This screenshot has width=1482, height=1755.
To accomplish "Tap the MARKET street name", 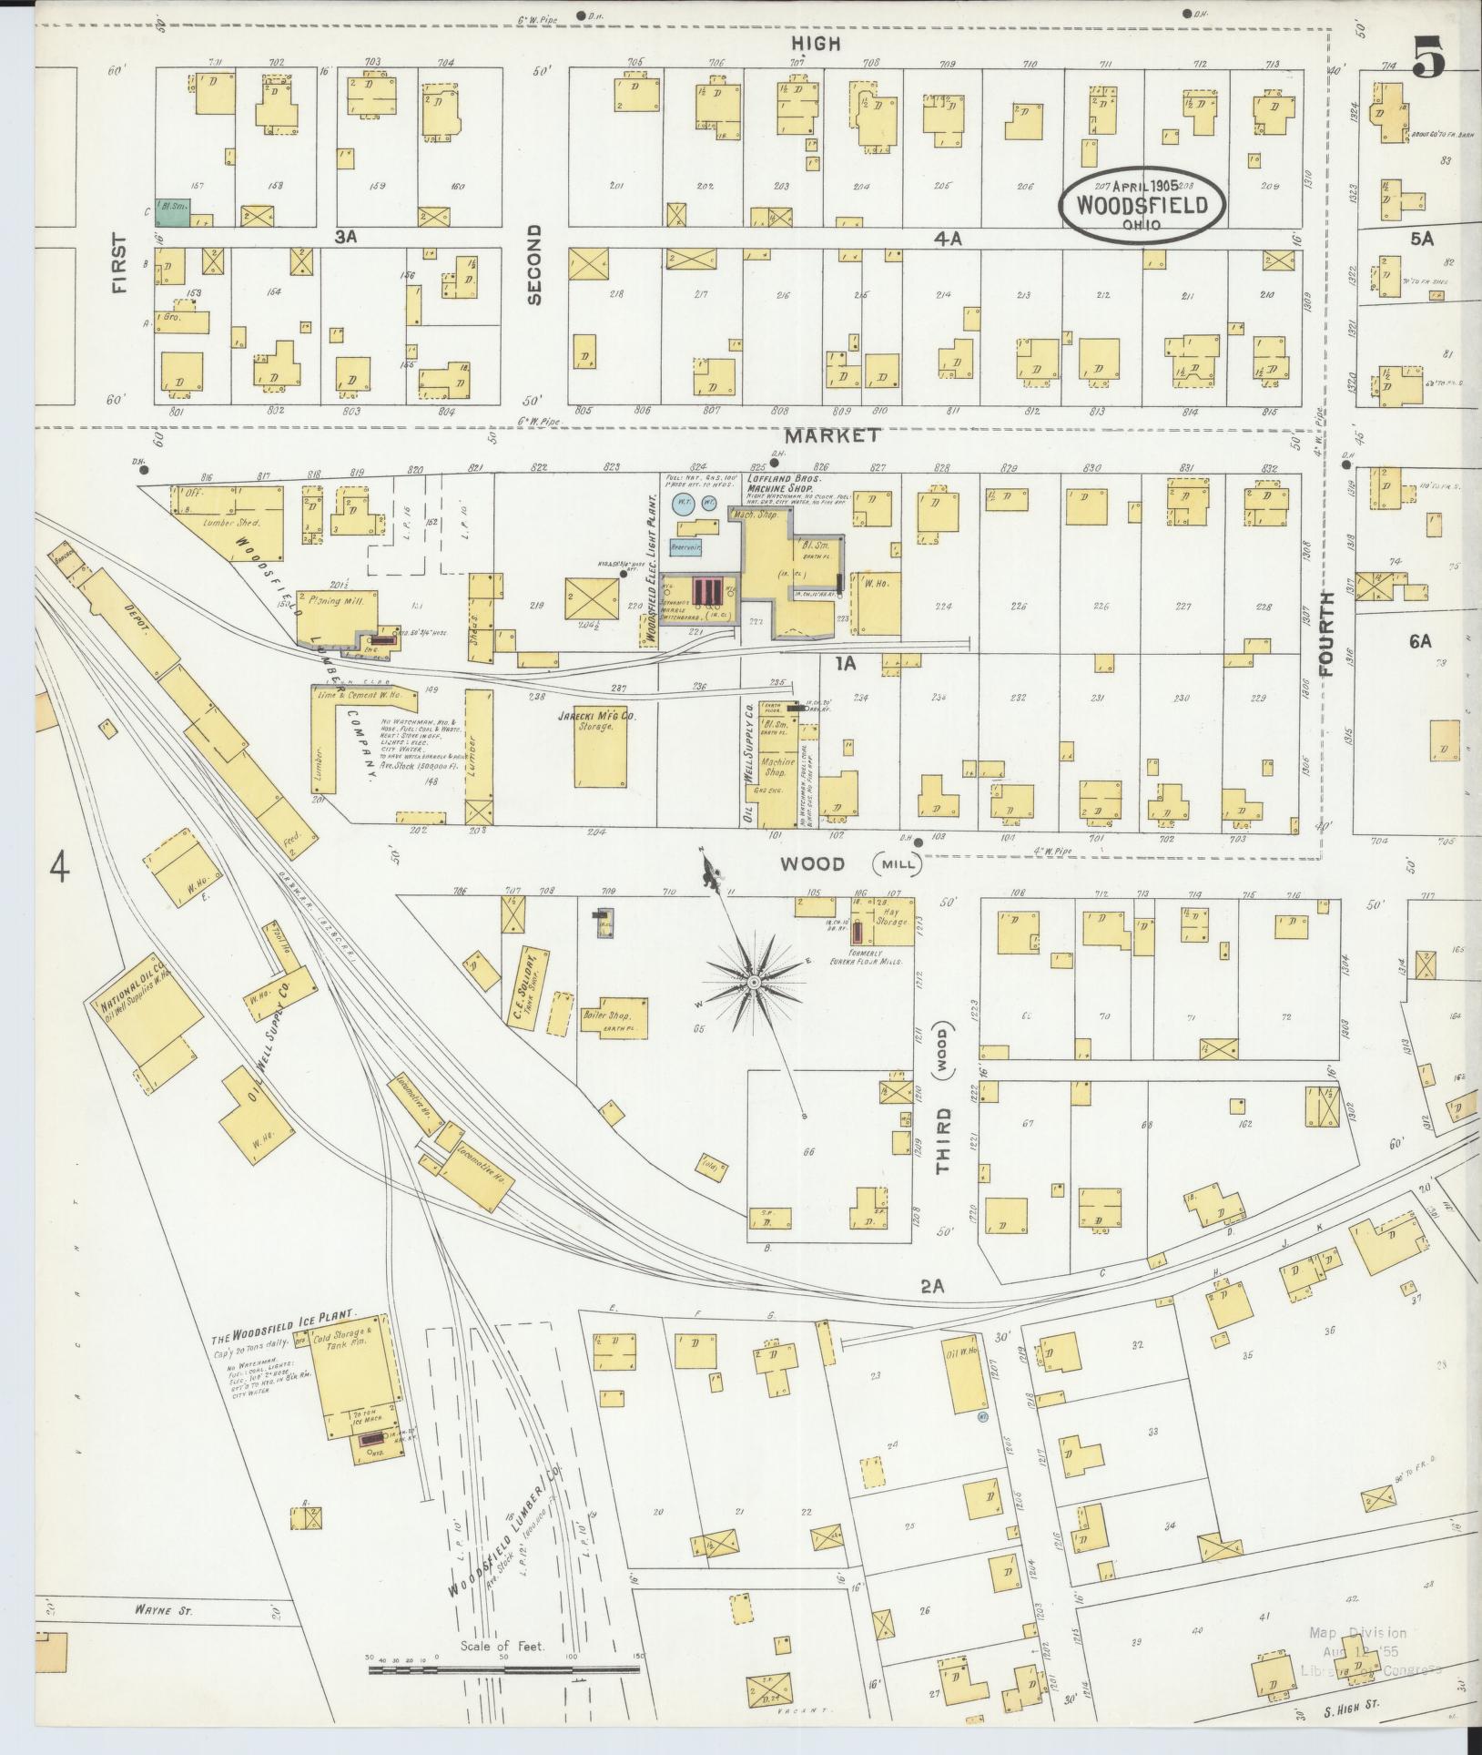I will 832,435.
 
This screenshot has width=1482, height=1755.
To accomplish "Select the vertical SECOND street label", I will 534,264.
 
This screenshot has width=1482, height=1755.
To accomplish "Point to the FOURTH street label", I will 1325,634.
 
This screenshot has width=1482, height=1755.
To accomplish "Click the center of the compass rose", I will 754,983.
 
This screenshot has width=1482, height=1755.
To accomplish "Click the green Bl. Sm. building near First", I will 172,211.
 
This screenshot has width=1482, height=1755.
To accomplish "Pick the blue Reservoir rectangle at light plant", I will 685,547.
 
